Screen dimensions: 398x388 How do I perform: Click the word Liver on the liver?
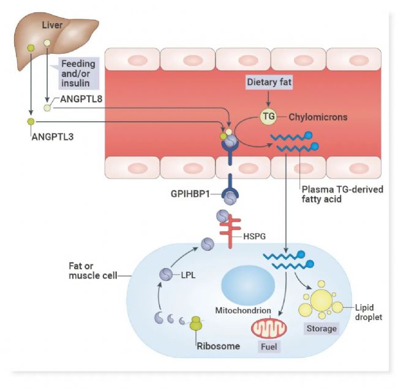52,25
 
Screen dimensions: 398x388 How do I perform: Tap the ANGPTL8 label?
81,99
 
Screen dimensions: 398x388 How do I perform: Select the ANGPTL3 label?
53,136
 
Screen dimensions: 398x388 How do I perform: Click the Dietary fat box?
269,82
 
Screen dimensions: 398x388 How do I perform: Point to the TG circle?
269,116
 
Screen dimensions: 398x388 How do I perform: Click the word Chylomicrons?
318,117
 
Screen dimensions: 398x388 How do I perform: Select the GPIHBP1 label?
190,194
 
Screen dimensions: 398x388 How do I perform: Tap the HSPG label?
254,236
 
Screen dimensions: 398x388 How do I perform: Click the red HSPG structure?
230,231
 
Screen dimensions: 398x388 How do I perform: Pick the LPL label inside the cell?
188,275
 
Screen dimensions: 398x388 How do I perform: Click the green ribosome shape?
196,323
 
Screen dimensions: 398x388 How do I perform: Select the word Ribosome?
219,346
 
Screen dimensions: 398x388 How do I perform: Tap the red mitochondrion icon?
269,328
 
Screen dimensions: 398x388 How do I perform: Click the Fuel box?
269,346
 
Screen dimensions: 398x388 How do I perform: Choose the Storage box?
321,329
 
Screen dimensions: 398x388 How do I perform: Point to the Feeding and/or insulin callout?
78,73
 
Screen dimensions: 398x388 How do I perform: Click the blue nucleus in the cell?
248,285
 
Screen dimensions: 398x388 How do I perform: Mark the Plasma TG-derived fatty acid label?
342,194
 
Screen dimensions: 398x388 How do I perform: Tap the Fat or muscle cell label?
93,270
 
